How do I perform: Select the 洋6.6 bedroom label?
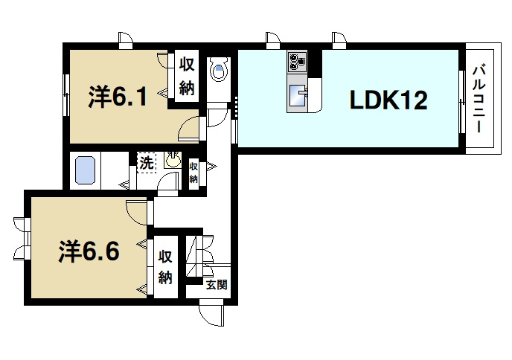coord(89,251)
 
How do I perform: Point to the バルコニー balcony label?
coord(481,98)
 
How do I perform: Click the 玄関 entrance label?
coord(216,285)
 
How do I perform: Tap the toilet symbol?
coord(219,71)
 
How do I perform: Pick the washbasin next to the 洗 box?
coord(173,158)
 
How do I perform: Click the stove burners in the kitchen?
coord(298,61)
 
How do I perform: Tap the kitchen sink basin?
coord(300,95)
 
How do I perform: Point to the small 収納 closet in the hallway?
coord(193,173)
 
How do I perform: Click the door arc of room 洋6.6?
coord(138,210)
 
